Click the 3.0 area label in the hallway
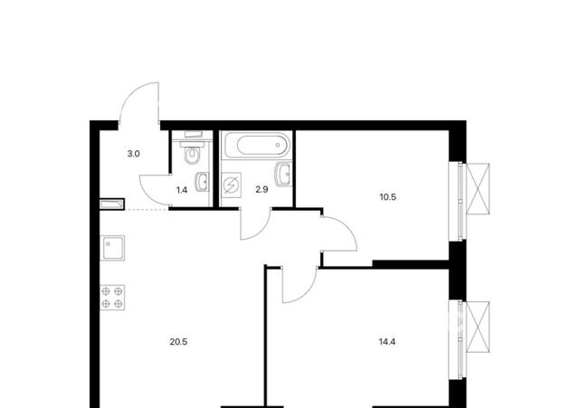coord(133,154)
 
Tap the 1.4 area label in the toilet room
coord(182,190)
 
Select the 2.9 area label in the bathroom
coord(261,190)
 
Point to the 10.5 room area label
coord(388,197)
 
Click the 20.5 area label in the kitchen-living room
coord(178,342)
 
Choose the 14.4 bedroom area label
coord(387,342)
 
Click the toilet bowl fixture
coord(192,155)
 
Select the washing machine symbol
coord(232,185)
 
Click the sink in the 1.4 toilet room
coord(202,182)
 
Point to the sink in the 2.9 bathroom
coord(283,175)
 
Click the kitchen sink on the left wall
coord(112,248)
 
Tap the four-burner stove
coord(112,298)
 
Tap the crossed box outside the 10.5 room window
coord(478,189)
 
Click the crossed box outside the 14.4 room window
coord(478,327)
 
